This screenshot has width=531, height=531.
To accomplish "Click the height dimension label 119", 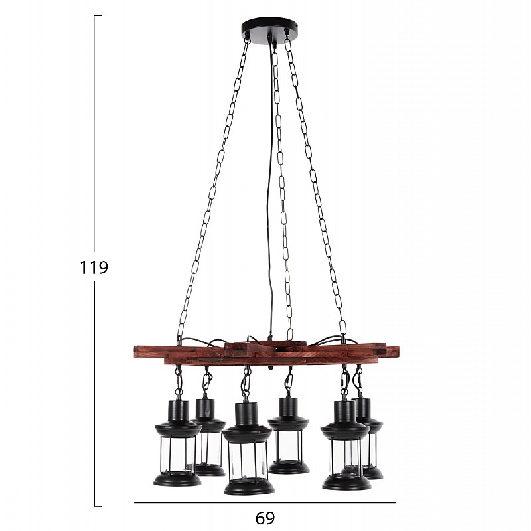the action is pyautogui.click(x=94, y=267).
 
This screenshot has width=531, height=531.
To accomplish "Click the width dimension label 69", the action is pyautogui.click(x=265, y=518).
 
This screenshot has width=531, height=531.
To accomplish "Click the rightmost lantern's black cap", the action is pyautogui.click(x=364, y=408).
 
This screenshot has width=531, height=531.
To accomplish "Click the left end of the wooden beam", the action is pyautogui.click(x=134, y=352).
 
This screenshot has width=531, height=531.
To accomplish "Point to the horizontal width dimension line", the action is pyautogui.click(x=265, y=503).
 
